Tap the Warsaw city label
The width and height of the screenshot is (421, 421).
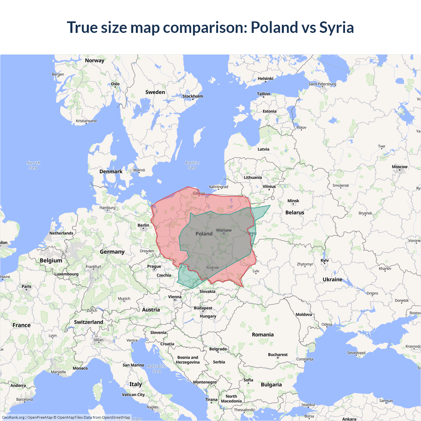click(224, 230)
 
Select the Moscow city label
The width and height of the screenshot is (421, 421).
click(400, 167)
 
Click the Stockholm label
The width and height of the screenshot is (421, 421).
click(193, 96)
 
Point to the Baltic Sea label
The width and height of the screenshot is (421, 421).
click(192, 165)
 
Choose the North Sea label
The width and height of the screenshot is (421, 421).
click(33, 165)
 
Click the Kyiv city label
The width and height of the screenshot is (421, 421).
click(325, 260)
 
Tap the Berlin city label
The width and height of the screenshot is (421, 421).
click(143, 225)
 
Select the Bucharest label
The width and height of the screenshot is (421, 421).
click(278, 355)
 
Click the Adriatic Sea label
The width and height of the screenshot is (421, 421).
click(157, 368)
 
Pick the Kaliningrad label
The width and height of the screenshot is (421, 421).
click(219, 187)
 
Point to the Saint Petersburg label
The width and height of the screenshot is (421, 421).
click(322, 84)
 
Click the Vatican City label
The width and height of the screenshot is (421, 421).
click(133, 395)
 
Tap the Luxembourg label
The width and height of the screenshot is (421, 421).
click(66, 274)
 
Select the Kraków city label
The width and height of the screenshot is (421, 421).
click(212, 267)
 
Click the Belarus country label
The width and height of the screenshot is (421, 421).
click(295, 212)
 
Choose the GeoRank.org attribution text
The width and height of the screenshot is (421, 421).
click(13, 417)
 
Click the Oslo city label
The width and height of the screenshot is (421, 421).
click(115, 84)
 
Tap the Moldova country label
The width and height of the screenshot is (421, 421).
click(304, 314)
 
